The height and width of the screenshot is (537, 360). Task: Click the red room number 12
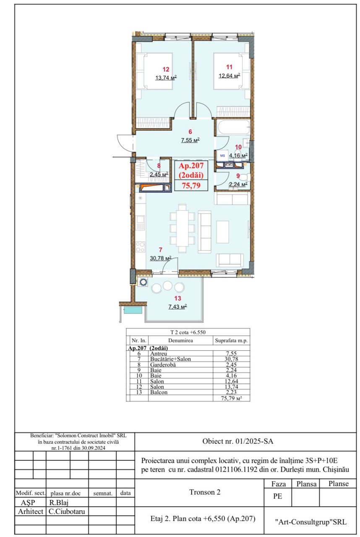pyautogui.click(x=166, y=69)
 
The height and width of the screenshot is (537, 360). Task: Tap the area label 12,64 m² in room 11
pyautogui.click(x=230, y=76)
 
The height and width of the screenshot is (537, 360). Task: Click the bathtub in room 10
pyautogui.click(x=233, y=127)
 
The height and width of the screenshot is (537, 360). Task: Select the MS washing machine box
pyautogui.click(x=222, y=156)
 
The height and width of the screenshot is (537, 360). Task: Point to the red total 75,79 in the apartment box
pyautogui.click(x=191, y=185)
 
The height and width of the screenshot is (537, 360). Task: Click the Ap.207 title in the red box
pyautogui.click(x=191, y=165)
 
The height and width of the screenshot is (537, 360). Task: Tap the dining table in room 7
pyautogui.click(x=182, y=228)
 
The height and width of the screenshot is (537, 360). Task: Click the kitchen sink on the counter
pyautogui.click(x=140, y=222)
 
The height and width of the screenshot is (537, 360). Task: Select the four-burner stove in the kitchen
pyautogui.click(x=141, y=247)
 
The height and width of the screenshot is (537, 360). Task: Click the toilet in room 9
pyautogui.click(x=245, y=177)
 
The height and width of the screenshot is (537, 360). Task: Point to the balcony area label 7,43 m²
pyautogui.click(x=177, y=307)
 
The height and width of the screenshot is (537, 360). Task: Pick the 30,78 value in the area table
pyautogui.click(x=231, y=359)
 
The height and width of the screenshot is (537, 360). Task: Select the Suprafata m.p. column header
pyautogui.click(x=231, y=341)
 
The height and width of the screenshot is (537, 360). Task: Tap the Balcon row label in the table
pyautogui.click(x=159, y=392)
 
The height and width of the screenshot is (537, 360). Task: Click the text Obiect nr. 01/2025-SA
pyautogui.click(x=238, y=441)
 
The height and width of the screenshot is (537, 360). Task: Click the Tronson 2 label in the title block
pyautogui.click(x=205, y=492)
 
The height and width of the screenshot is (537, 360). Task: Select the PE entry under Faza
pyautogui.click(x=277, y=496)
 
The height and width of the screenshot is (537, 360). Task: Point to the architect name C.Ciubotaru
pyautogui.click(x=67, y=511)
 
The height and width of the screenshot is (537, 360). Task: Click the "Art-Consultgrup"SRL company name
pyautogui.click(x=311, y=522)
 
